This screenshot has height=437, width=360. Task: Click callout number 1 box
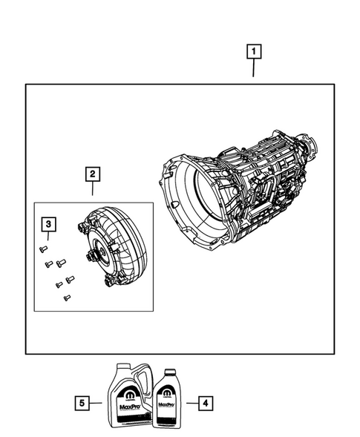(x=254, y=51)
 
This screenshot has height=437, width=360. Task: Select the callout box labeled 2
(x=93, y=174)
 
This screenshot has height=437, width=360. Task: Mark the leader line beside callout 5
(x=99, y=403)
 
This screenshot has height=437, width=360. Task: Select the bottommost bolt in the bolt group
(x=66, y=298)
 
